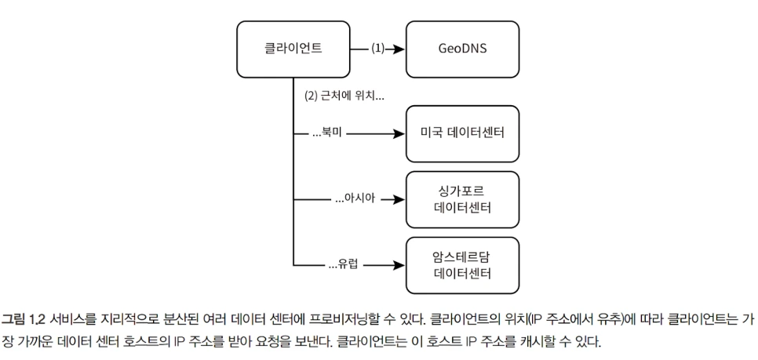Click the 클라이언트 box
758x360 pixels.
tap(293, 48)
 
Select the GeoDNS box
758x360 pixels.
tap(462, 48)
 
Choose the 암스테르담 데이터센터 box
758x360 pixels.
tap(462, 264)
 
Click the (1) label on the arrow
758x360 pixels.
tap(378, 48)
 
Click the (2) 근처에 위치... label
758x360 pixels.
tap(342, 97)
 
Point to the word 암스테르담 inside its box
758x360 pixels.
tap(462, 256)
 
